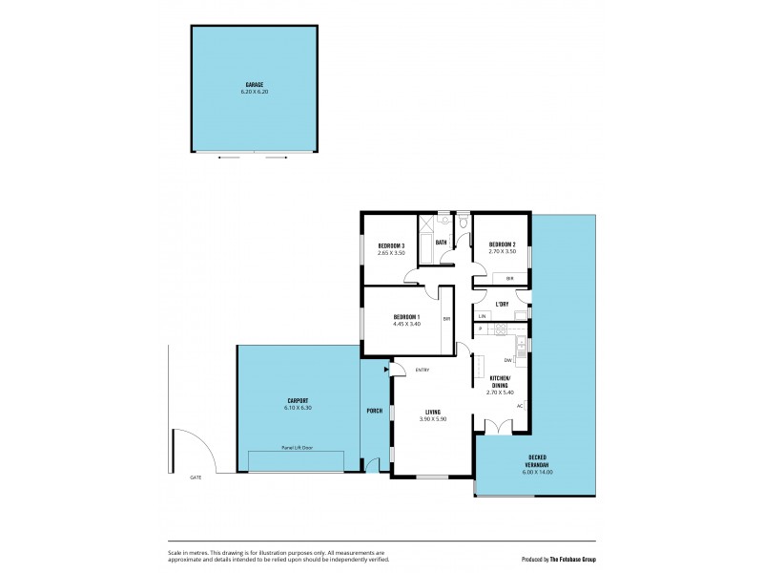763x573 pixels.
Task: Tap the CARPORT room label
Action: point(298,401)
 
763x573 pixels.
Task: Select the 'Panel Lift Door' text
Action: point(297,447)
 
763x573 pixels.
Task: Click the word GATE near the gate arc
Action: point(196,477)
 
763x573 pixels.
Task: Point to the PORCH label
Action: point(375,412)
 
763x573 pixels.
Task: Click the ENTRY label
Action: point(423,371)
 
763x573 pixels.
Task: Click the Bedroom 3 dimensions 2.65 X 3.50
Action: point(391,252)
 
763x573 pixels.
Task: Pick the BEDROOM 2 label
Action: point(502,245)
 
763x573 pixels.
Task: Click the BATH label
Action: point(442,243)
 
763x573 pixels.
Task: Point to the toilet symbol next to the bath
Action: point(462,223)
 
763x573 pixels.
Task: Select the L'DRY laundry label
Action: point(501,305)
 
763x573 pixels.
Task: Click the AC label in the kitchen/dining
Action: point(519,406)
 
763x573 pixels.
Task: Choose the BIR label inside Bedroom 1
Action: point(445,320)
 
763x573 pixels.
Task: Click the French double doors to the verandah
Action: point(500,427)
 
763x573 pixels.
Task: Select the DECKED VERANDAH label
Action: point(536,465)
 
